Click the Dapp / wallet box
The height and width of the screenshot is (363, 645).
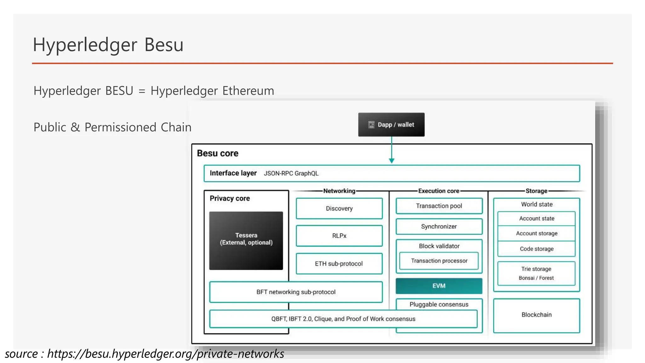pos(391,124)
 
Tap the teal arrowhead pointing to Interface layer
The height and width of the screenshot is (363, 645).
pos(391,161)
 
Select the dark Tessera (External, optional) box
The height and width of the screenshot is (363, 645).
pos(246,240)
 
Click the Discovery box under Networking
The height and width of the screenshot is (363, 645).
pos(339,208)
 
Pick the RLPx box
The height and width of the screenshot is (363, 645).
pos(339,236)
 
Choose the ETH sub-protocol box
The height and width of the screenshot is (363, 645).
pos(339,263)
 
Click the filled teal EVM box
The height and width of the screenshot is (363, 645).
pos(439,286)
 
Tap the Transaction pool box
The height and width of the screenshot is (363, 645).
pos(439,206)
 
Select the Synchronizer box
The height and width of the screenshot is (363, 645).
pos(439,227)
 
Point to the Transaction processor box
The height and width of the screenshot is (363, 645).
pos(439,261)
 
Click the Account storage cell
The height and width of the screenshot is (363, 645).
pos(536,233)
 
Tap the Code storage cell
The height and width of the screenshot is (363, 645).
pos(536,249)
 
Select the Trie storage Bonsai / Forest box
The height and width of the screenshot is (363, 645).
pos(536,273)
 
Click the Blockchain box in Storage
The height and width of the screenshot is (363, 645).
pos(536,315)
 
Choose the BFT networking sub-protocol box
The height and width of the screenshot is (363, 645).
pos(296,292)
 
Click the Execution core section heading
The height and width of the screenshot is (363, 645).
pos(438,191)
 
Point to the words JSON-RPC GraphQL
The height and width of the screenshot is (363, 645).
pos(291,173)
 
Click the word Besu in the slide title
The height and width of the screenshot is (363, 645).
pos(164,45)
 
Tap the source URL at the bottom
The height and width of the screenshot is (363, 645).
pos(166,354)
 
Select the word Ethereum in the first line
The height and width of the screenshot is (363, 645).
pos(248,91)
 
